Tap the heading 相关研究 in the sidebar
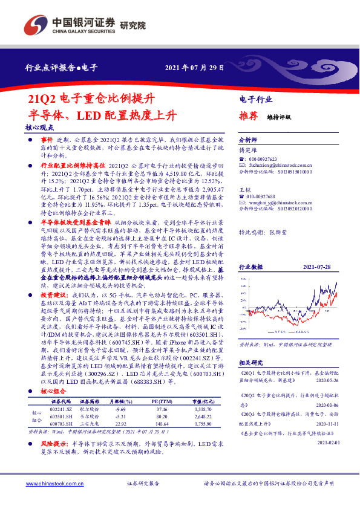coord(250,362)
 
